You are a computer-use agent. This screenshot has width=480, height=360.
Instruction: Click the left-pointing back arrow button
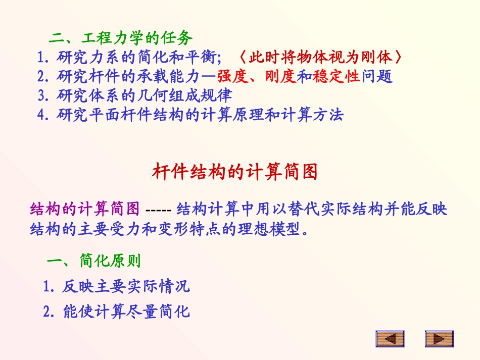(x=390, y=339)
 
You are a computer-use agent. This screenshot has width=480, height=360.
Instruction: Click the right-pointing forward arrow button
(x=439, y=339)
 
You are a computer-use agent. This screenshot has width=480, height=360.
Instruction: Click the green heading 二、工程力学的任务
(x=121, y=37)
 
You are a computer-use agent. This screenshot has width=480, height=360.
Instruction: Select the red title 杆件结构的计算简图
(x=235, y=172)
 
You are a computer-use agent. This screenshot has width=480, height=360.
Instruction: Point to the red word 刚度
(x=278, y=77)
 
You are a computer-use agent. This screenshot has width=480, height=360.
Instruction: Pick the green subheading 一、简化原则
(x=94, y=261)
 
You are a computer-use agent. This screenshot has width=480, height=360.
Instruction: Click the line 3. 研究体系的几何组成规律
(x=135, y=96)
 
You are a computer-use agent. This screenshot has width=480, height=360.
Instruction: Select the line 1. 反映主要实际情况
(x=117, y=286)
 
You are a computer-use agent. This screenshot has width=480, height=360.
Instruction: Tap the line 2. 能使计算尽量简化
(x=117, y=312)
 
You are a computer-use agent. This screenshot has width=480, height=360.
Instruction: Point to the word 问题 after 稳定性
(x=377, y=77)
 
